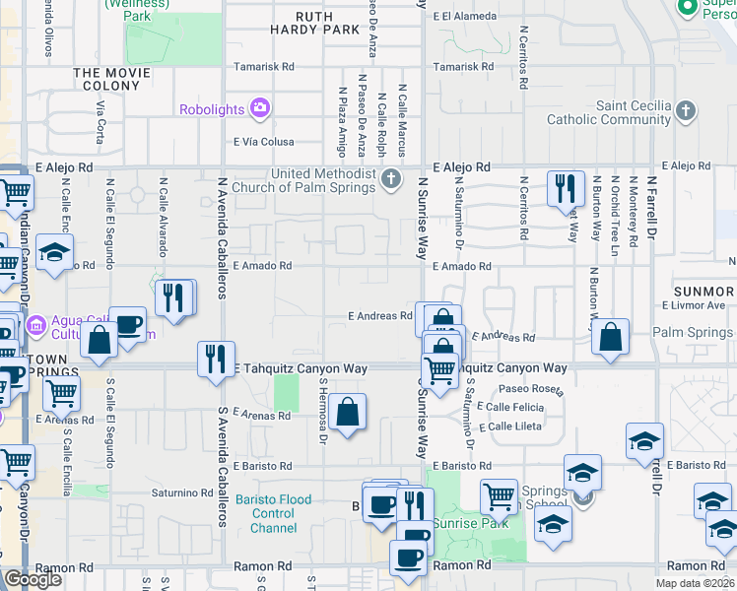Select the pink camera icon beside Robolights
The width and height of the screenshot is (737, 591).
coord(260,108)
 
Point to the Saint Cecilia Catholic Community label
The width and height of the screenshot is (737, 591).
coord(635,113)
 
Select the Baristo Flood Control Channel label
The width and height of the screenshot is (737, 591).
coord(281,513)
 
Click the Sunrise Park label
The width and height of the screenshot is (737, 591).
coord(476,523)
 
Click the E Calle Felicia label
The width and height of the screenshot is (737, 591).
coord(510,407)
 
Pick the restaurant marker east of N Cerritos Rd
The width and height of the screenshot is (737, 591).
coord(565,189)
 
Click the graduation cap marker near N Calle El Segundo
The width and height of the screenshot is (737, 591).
coord(55,252)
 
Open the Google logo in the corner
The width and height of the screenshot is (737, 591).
coord(33,578)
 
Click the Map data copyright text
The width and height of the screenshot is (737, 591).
coord(696,583)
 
